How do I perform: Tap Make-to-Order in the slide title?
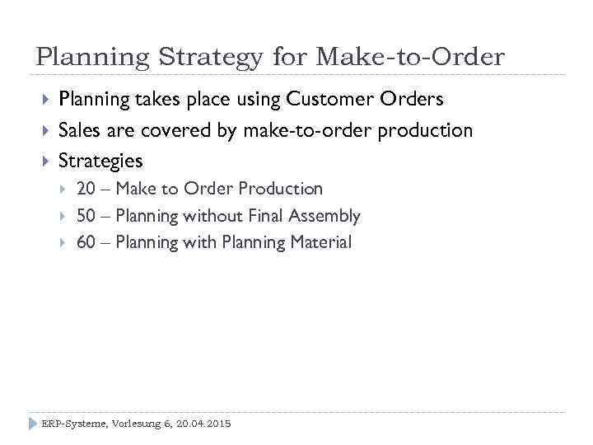[410, 57]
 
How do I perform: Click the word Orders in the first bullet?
[412, 99]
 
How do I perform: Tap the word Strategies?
[100, 161]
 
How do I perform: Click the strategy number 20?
[86, 189]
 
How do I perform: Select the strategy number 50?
[86, 216]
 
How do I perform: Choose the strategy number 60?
[86, 242]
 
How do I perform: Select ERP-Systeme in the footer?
[73, 424]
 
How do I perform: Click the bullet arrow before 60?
[63, 242]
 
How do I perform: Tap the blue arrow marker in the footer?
[34, 424]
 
